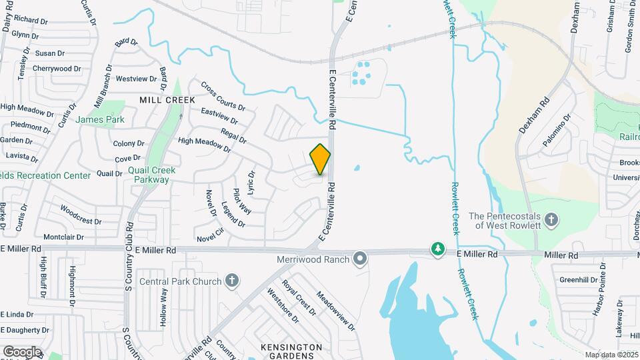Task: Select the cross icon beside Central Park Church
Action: (231, 281)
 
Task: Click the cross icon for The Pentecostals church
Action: (551, 219)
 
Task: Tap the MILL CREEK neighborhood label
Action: (167, 100)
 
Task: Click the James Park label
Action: (100, 120)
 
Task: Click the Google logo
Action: (22, 351)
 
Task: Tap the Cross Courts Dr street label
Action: (223, 97)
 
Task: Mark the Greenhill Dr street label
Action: (577, 280)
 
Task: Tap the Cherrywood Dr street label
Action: (57, 69)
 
